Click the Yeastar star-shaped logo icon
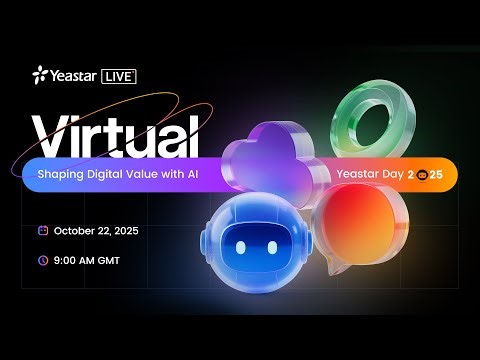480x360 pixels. coord(39,74)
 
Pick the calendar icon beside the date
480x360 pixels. coord(42,230)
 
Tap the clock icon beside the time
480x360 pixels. coord(42,259)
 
